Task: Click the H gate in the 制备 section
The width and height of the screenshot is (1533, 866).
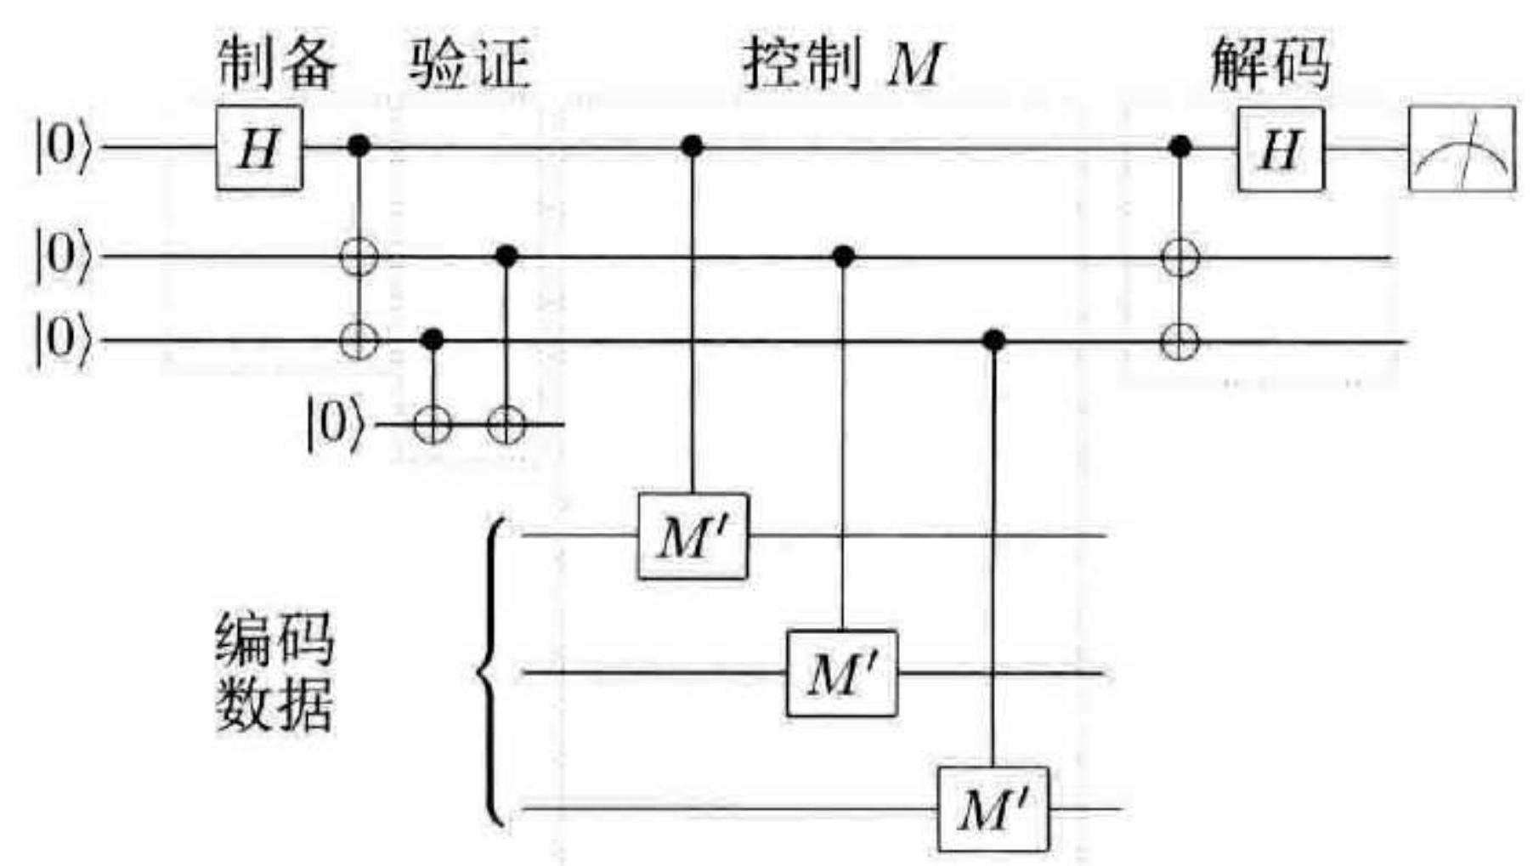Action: point(259,149)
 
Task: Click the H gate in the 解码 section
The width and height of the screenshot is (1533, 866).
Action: point(1281,150)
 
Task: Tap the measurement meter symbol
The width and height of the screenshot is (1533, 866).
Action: point(1462,150)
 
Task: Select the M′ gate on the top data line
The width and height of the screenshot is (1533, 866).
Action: point(693,537)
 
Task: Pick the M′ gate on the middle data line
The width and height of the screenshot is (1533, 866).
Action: point(842,674)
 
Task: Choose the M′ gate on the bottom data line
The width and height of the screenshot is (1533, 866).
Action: point(993,810)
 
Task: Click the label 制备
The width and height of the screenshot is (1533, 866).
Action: point(276,64)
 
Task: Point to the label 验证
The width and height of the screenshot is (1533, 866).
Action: point(469,64)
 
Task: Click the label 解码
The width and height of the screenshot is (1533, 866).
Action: point(1270,64)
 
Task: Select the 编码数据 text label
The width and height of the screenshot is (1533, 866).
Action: point(274,673)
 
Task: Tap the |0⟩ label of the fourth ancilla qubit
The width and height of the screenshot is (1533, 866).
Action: point(334,425)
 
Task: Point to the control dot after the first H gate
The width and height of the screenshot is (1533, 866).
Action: point(359,146)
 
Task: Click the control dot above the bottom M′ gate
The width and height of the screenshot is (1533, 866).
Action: point(993,341)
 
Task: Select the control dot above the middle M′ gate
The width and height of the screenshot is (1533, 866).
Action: point(842,256)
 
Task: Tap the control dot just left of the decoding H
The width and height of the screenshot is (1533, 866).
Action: point(1179,146)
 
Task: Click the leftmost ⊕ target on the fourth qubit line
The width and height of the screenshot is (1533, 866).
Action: point(433,425)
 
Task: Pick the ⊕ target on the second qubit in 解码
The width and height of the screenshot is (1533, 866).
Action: point(1179,257)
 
